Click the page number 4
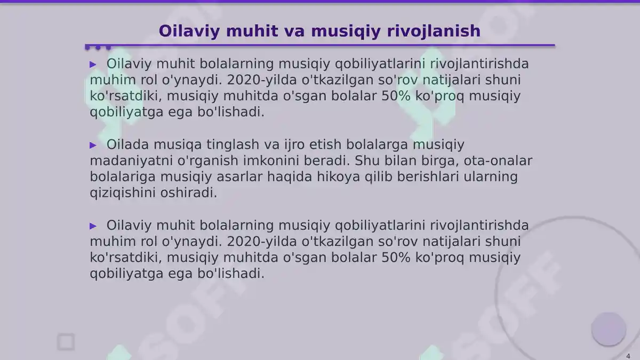point(628,356)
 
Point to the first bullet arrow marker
point(93,65)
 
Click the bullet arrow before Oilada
point(93,145)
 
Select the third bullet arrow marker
point(93,226)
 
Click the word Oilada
point(127,145)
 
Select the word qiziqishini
point(123,193)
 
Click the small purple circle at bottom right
point(608,329)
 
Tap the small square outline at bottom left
point(66,342)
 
